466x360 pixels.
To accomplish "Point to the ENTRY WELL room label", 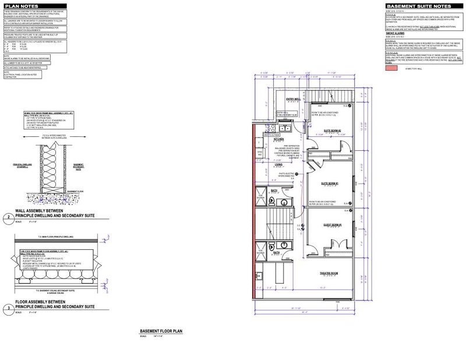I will (292, 99).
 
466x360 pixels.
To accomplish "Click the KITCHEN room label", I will (278, 140).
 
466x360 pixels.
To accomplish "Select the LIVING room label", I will (278, 165).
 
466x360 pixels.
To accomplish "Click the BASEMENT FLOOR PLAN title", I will (159, 330).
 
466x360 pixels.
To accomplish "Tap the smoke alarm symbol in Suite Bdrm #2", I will (344, 107).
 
